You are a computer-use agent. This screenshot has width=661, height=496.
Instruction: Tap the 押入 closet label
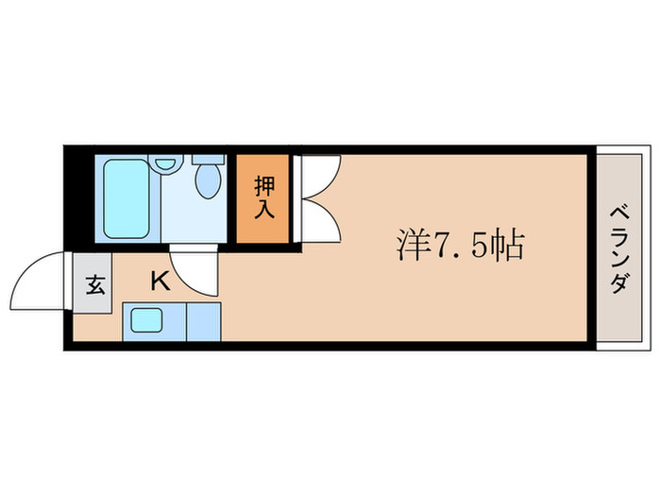pyautogui.click(x=263, y=197)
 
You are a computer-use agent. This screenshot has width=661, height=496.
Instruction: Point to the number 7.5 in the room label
pyautogui.click(x=458, y=248)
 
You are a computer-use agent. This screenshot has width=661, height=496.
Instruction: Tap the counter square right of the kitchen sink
pyautogui.click(x=203, y=322)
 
